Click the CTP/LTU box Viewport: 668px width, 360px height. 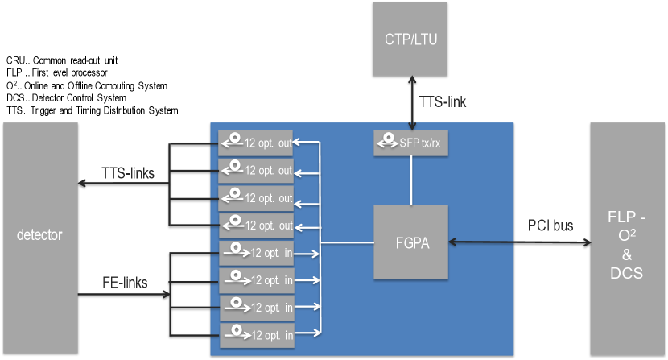tap(410, 39)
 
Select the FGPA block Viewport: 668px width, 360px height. tap(410, 242)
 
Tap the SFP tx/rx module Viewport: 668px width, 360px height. tap(410, 143)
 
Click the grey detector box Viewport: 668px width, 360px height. tap(40, 238)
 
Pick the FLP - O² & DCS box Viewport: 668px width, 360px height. tap(627, 239)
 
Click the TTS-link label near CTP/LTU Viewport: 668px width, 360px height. tap(443, 102)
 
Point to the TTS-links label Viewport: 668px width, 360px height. tap(128, 173)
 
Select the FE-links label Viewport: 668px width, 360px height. tap(125, 283)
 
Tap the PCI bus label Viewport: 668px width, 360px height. tap(550, 226)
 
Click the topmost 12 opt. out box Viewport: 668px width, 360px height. tap(256, 143)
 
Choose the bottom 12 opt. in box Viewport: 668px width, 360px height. tap(257, 335)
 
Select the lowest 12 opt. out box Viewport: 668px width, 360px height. tap(257, 226)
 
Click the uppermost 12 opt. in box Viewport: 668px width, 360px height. tap(257, 253)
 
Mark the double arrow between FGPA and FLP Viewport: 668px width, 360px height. tap(520, 242)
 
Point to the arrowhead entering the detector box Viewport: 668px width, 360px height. tap(82, 184)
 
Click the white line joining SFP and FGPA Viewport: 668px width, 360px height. tap(411, 180)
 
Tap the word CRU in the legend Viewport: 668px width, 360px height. tap(15, 60)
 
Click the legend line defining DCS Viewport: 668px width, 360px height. tap(66, 98)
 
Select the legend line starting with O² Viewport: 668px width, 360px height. tap(87, 85)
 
